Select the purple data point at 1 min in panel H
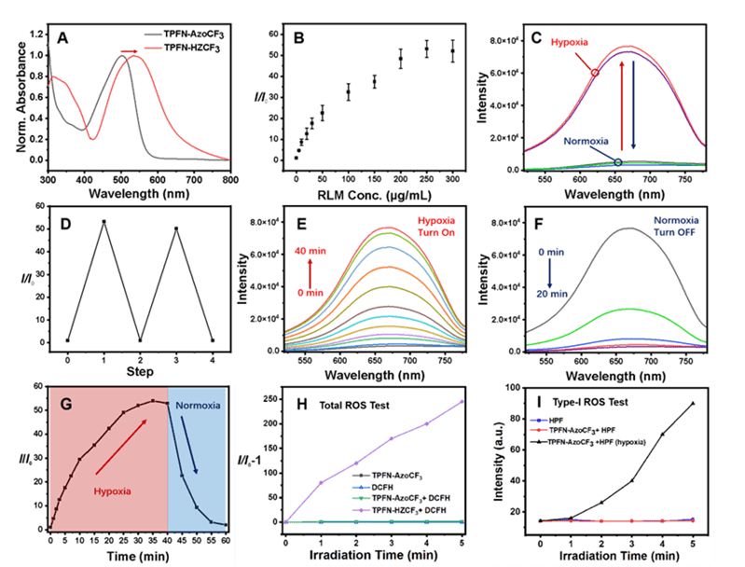click(x=320, y=482)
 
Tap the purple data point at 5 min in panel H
click(x=462, y=401)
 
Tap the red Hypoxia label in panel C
click(x=570, y=44)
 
